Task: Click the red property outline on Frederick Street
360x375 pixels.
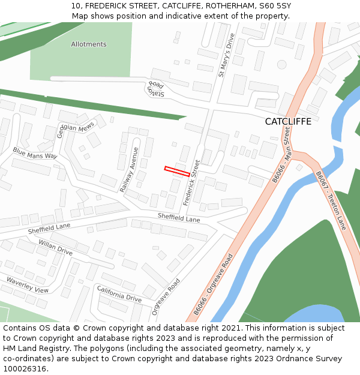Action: coord(178,171)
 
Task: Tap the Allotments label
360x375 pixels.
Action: coord(89,44)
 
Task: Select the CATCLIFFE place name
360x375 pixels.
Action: coord(288,122)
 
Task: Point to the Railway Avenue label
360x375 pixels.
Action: coord(130,170)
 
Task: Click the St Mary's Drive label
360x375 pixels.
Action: coord(226,55)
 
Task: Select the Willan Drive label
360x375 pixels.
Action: coord(55,247)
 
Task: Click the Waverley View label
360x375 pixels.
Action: coord(28,285)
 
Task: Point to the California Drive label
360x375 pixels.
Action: coord(119,293)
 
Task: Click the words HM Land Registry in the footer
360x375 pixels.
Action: coord(32,349)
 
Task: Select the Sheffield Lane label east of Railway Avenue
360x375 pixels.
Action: coord(179,218)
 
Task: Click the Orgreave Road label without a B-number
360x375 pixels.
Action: coord(166,297)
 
